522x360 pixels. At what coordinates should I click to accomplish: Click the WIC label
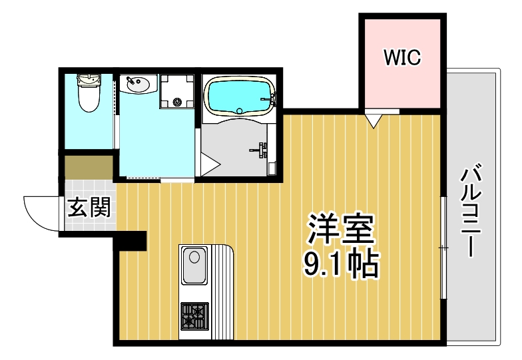click(402, 57)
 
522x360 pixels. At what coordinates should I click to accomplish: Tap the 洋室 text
click(341, 230)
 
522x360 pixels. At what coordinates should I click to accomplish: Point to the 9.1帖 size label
click(341, 265)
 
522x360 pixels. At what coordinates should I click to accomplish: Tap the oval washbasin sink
click(138, 85)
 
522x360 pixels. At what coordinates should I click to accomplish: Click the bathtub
click(238, 96)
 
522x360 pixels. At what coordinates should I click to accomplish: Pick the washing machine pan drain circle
click(177, 102)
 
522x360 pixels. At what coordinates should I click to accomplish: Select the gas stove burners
click(194, 315)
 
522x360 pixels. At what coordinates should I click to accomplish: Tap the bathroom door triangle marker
click(209, 163)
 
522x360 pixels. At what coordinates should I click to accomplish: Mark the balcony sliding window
click(443, 248)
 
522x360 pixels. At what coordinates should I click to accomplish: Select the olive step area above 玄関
click(89, 167)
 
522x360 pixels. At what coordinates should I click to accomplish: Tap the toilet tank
click(88, 81)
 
